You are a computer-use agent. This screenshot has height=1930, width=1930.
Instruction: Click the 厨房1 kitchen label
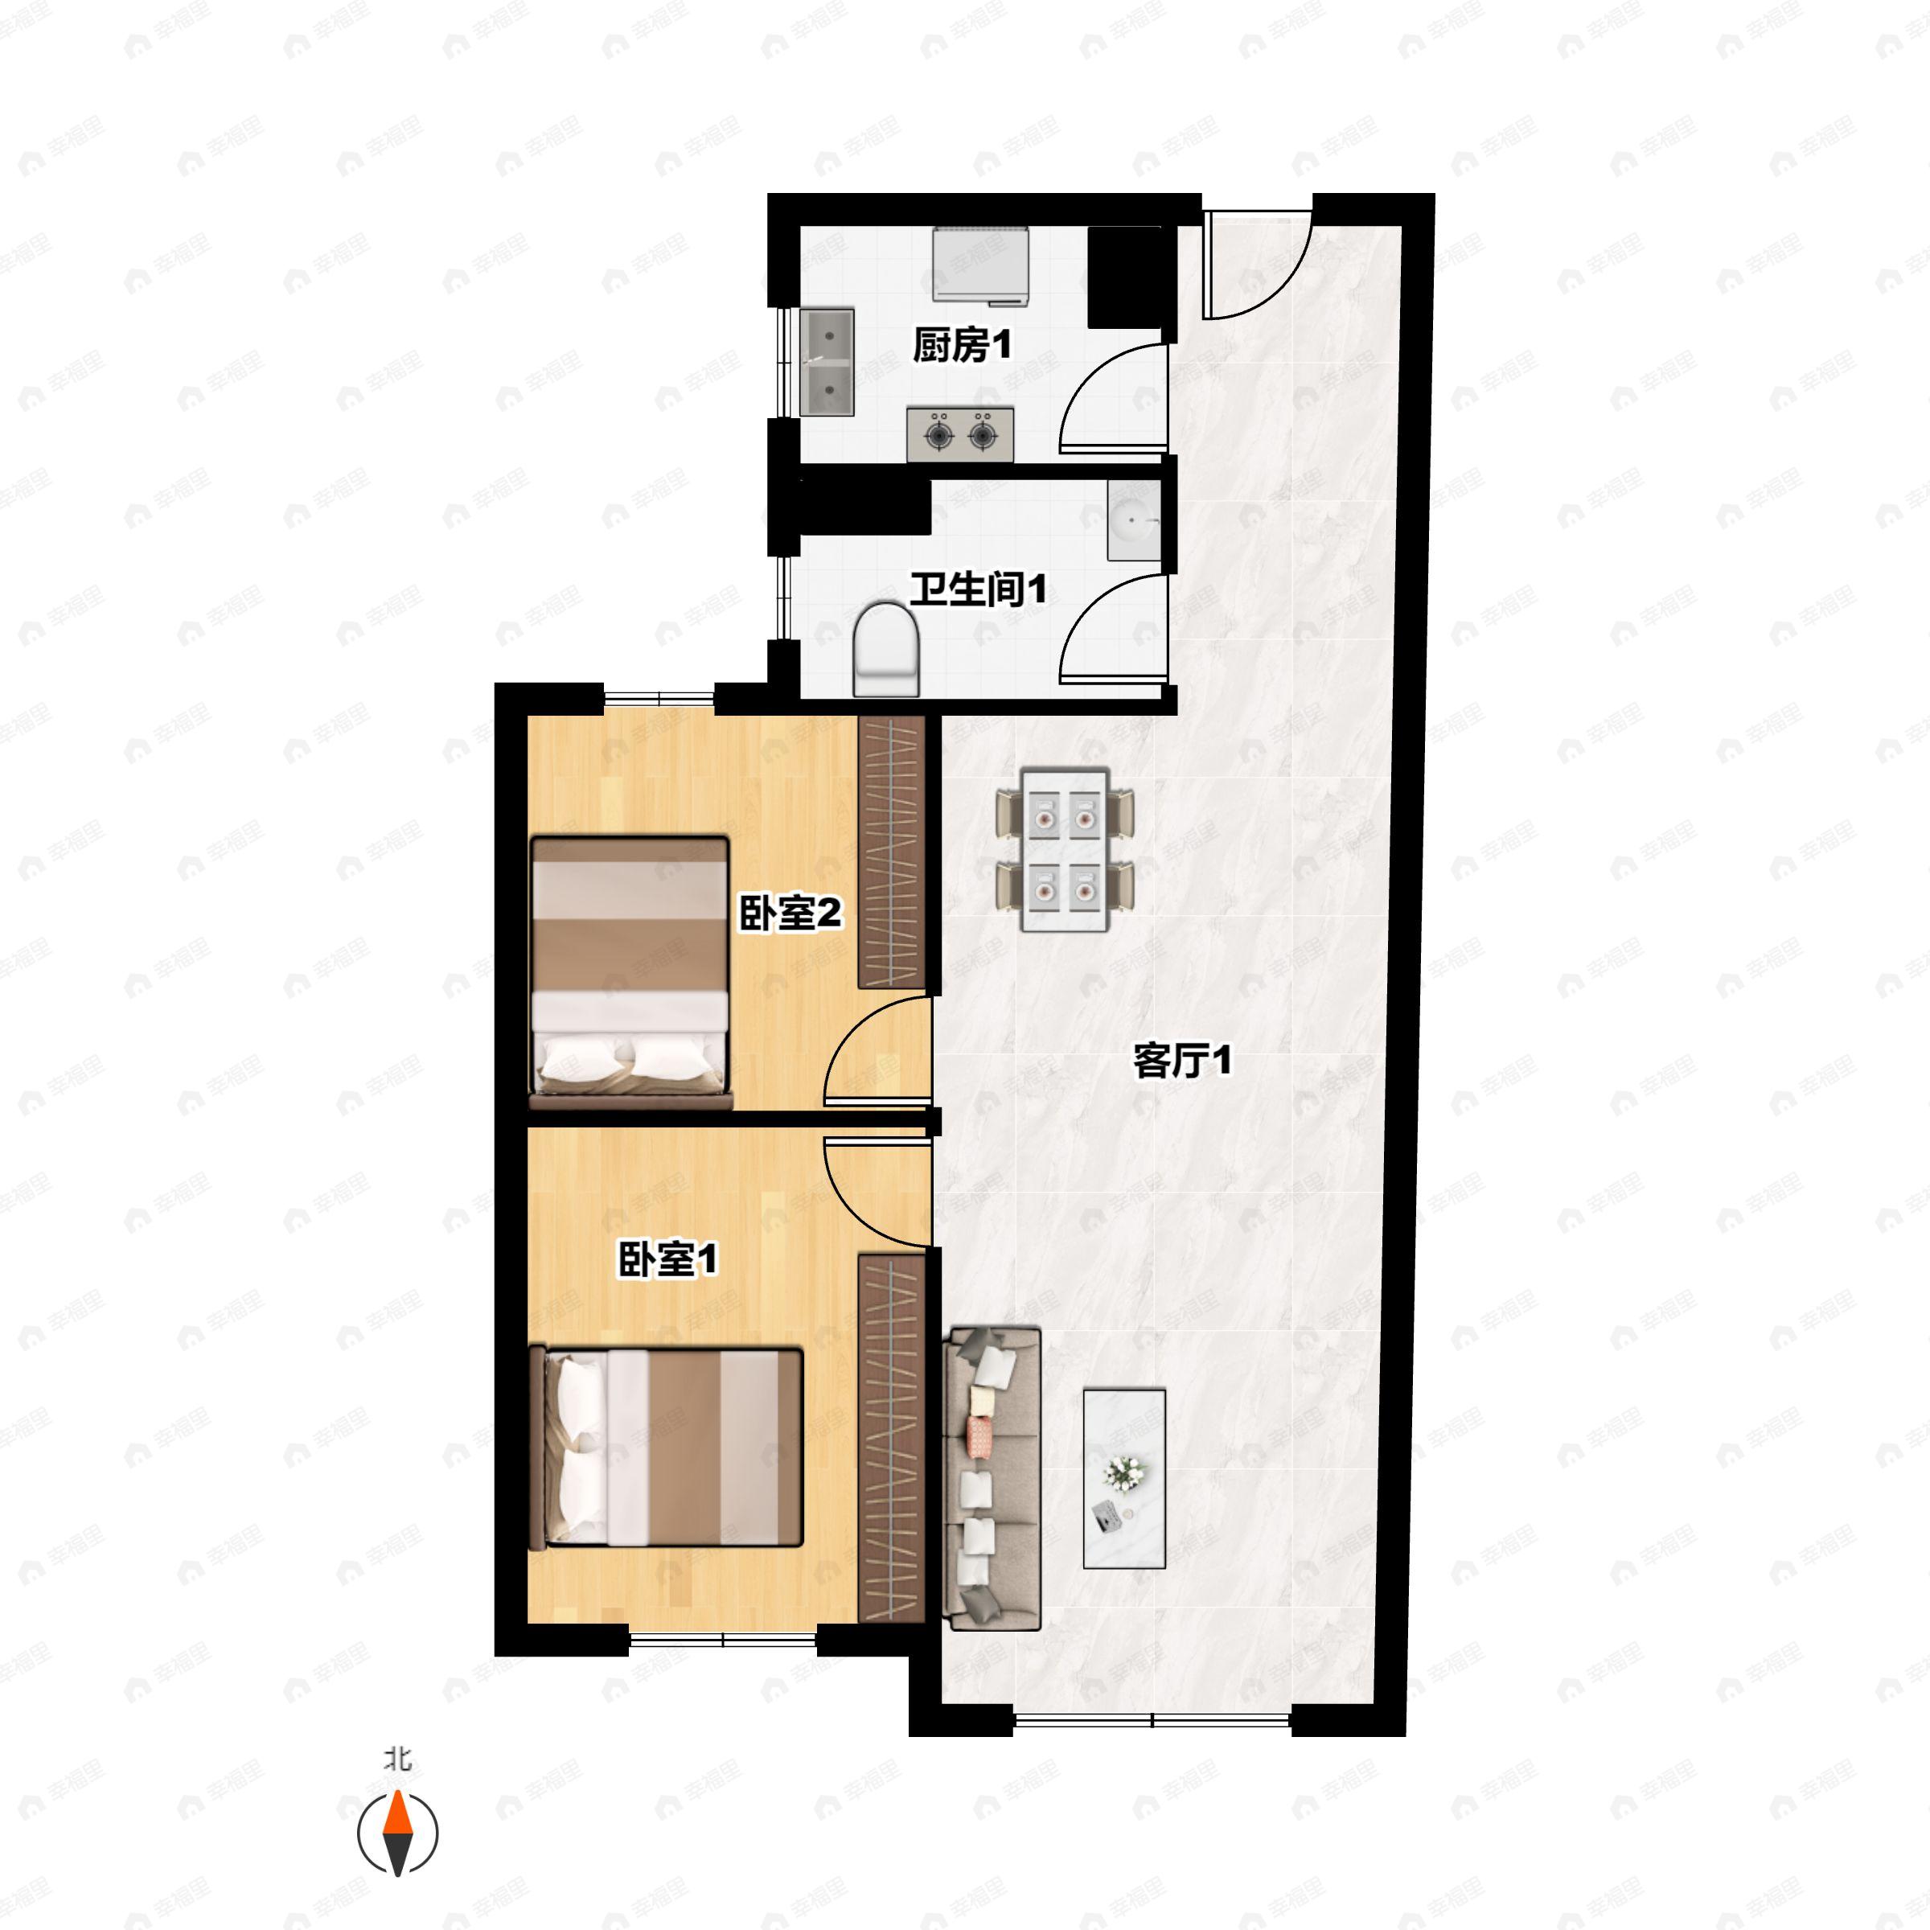pyautogui.click(x=962, y=346)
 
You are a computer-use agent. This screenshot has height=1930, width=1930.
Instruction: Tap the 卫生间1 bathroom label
pyautogui.click(x=978, y=589)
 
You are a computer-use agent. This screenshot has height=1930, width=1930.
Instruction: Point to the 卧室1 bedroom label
pyautogui.click(x=667, y=1259)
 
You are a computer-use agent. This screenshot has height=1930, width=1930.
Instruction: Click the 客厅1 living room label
pyautogui.click(x=1182, y=1060)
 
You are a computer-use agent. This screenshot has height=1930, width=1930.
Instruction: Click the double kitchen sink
pyautogui.click(x=827, y=362)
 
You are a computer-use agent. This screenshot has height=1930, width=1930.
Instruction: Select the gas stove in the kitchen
pyautogui.click(x=960, y=434)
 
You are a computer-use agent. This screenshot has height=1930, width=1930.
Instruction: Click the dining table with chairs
pyautogui.click(x=1065, y=849)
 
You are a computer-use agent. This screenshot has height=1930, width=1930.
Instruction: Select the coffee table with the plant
pyautogui.click(x=1124, y=1477)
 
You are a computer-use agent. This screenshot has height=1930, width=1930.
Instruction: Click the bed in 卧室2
pyautogui.click(x=630, y=973)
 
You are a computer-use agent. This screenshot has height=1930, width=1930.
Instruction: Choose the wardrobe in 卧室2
pyautogui.click(x=892, y=852)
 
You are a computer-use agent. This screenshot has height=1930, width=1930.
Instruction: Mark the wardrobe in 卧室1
pyautogui.click(x=892, y=1438)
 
